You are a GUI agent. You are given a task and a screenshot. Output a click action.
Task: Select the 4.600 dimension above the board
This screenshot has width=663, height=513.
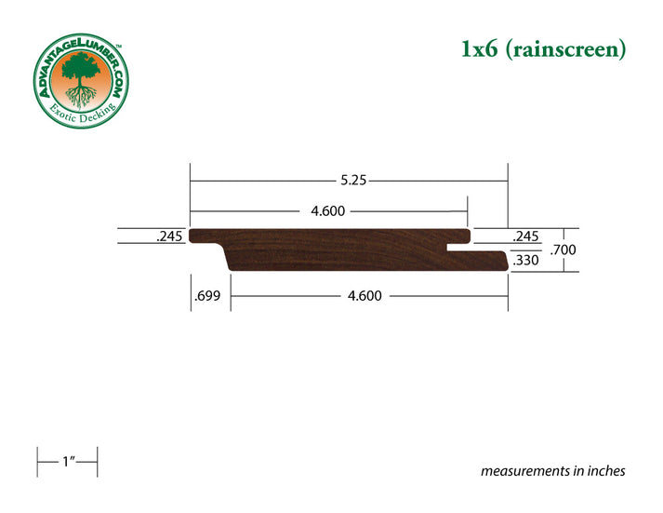pyautogui.click(x=327, y=210)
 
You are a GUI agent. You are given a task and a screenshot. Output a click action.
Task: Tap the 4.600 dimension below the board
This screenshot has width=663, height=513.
pyautogui.click(x=367, y=296)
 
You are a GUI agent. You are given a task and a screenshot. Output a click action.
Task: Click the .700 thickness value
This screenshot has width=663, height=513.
pyautogui.click(x=562, y=250)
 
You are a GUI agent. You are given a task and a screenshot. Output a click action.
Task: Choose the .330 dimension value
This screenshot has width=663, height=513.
pyautogui.click(x=526, y=261)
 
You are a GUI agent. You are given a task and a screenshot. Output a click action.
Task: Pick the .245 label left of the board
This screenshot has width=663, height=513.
pyautogui.click(x=169, y=236)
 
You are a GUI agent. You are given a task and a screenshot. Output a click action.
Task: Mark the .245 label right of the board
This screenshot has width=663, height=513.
pyautogui.click(x=526, y=236)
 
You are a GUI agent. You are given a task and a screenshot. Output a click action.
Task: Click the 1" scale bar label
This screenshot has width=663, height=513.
pyautogui.click(x=67, y=462)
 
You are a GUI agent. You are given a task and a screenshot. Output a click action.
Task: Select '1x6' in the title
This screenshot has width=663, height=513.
pyautogui.click(x=482, y=49)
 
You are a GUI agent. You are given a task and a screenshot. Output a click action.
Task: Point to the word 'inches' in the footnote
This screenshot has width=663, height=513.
pyautogui.click(x=604, y=471)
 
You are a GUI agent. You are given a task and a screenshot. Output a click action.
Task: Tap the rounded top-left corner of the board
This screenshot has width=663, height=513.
pyautogui.click(x=192, y=233)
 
